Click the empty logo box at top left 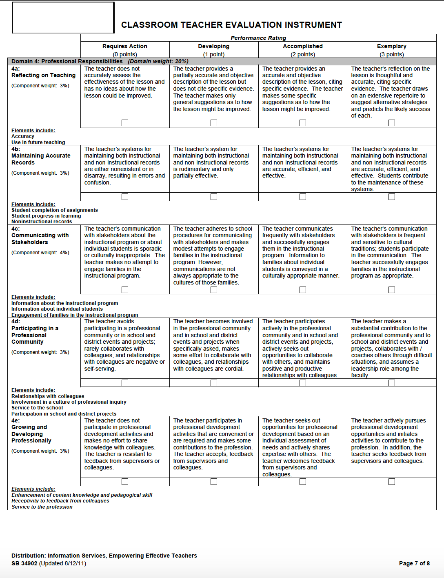click(x=63, y=18)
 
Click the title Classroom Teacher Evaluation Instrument click(x=231, y=25)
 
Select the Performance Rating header click(x=258, y=38)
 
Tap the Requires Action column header click(x=125, y=47)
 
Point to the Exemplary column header click(x=391, y=47)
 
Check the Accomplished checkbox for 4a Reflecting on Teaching click(x=303, y=123)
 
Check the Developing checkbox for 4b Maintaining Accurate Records click(x=214, y=197)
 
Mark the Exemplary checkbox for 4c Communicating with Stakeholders click(x=392, y=290)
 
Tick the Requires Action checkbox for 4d click(x=125, y=383)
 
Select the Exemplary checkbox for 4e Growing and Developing click(x=392, y=482)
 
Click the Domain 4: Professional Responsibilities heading click(x=67, y=61)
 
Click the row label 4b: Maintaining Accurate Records click(x=41, y=156)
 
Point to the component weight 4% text click(x=40, y=253)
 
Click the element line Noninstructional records click(x=42, y=222)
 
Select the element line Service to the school click(x=37, y=408)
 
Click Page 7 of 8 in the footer click(x=414, y=563)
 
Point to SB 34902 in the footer click(x=24, y=563)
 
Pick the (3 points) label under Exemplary click(x=391, y=54)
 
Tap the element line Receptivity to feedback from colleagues click(x=60, y=501)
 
